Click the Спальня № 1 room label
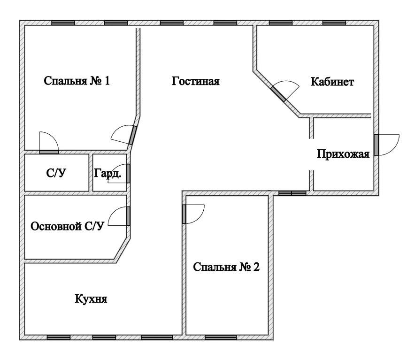77,81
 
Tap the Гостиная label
196,81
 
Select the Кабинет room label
332,82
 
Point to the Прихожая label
343,154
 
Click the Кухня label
91,299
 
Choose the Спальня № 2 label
226,267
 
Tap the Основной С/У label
67,226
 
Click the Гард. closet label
108,173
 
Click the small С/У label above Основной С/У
56,173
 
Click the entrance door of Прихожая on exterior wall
376,145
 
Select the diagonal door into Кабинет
278,93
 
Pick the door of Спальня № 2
184,214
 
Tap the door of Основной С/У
128,216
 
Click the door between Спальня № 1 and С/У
49,152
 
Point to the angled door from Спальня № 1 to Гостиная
132,135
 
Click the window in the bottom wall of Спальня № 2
221,337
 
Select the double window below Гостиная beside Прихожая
292,193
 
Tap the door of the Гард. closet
128,173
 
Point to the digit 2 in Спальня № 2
256,267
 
